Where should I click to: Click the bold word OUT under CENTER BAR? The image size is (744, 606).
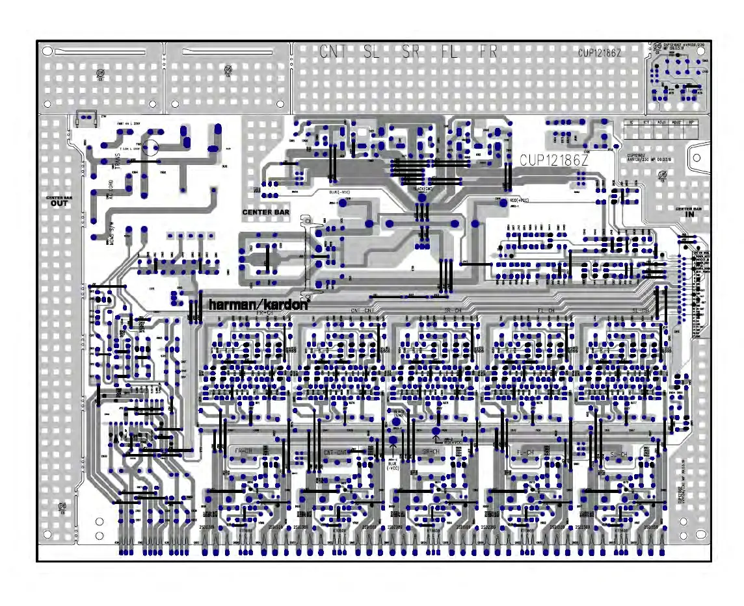click(59, 203)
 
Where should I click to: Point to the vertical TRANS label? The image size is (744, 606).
click(117, 160)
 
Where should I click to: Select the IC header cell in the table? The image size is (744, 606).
click(630, 122)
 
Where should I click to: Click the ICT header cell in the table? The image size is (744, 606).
click(646, 122)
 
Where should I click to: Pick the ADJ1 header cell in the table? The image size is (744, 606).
click(661, 122)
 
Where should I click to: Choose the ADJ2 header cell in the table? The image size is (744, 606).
click(677, 122)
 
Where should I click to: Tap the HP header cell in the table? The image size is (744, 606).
click(691, 122)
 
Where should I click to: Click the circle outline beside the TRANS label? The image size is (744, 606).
click(152, 149)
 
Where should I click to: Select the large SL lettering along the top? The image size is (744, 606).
click(371, 52)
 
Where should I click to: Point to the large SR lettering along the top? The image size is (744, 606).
click(411, 52)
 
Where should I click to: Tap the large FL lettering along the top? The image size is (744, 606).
click(450, 52)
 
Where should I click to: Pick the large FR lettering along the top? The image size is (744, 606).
click(488, 52)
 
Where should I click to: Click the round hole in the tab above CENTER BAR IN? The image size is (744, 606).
click(698, 158)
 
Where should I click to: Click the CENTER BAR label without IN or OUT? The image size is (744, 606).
click(265, 212)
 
